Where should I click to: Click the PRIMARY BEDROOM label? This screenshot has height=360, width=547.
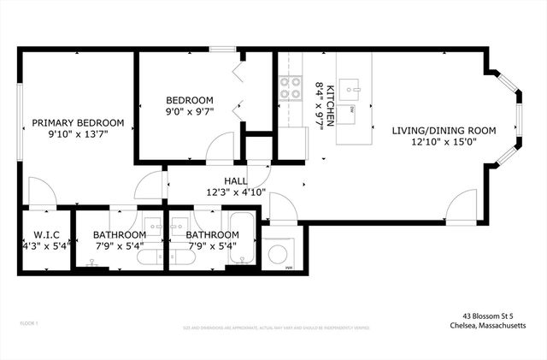pyautogui.click(x=78, y=122)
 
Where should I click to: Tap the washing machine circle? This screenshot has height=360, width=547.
pyautogui.click(x=278, y=254)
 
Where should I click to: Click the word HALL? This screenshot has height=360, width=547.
pyautogui.click(x=236, y=180)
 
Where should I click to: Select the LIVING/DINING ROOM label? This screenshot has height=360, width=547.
pyautogui.click(x=444, y=130)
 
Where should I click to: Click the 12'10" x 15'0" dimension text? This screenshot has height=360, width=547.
pyautogui.click(x=444, y=142)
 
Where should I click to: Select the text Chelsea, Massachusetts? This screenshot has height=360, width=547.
pyautogui.click(x=488, y=325)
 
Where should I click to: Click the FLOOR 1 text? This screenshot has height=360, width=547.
pyautogui.click(x=29, y=323)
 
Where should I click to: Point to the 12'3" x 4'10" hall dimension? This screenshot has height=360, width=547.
pyautogui.click(x=236, y=192)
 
